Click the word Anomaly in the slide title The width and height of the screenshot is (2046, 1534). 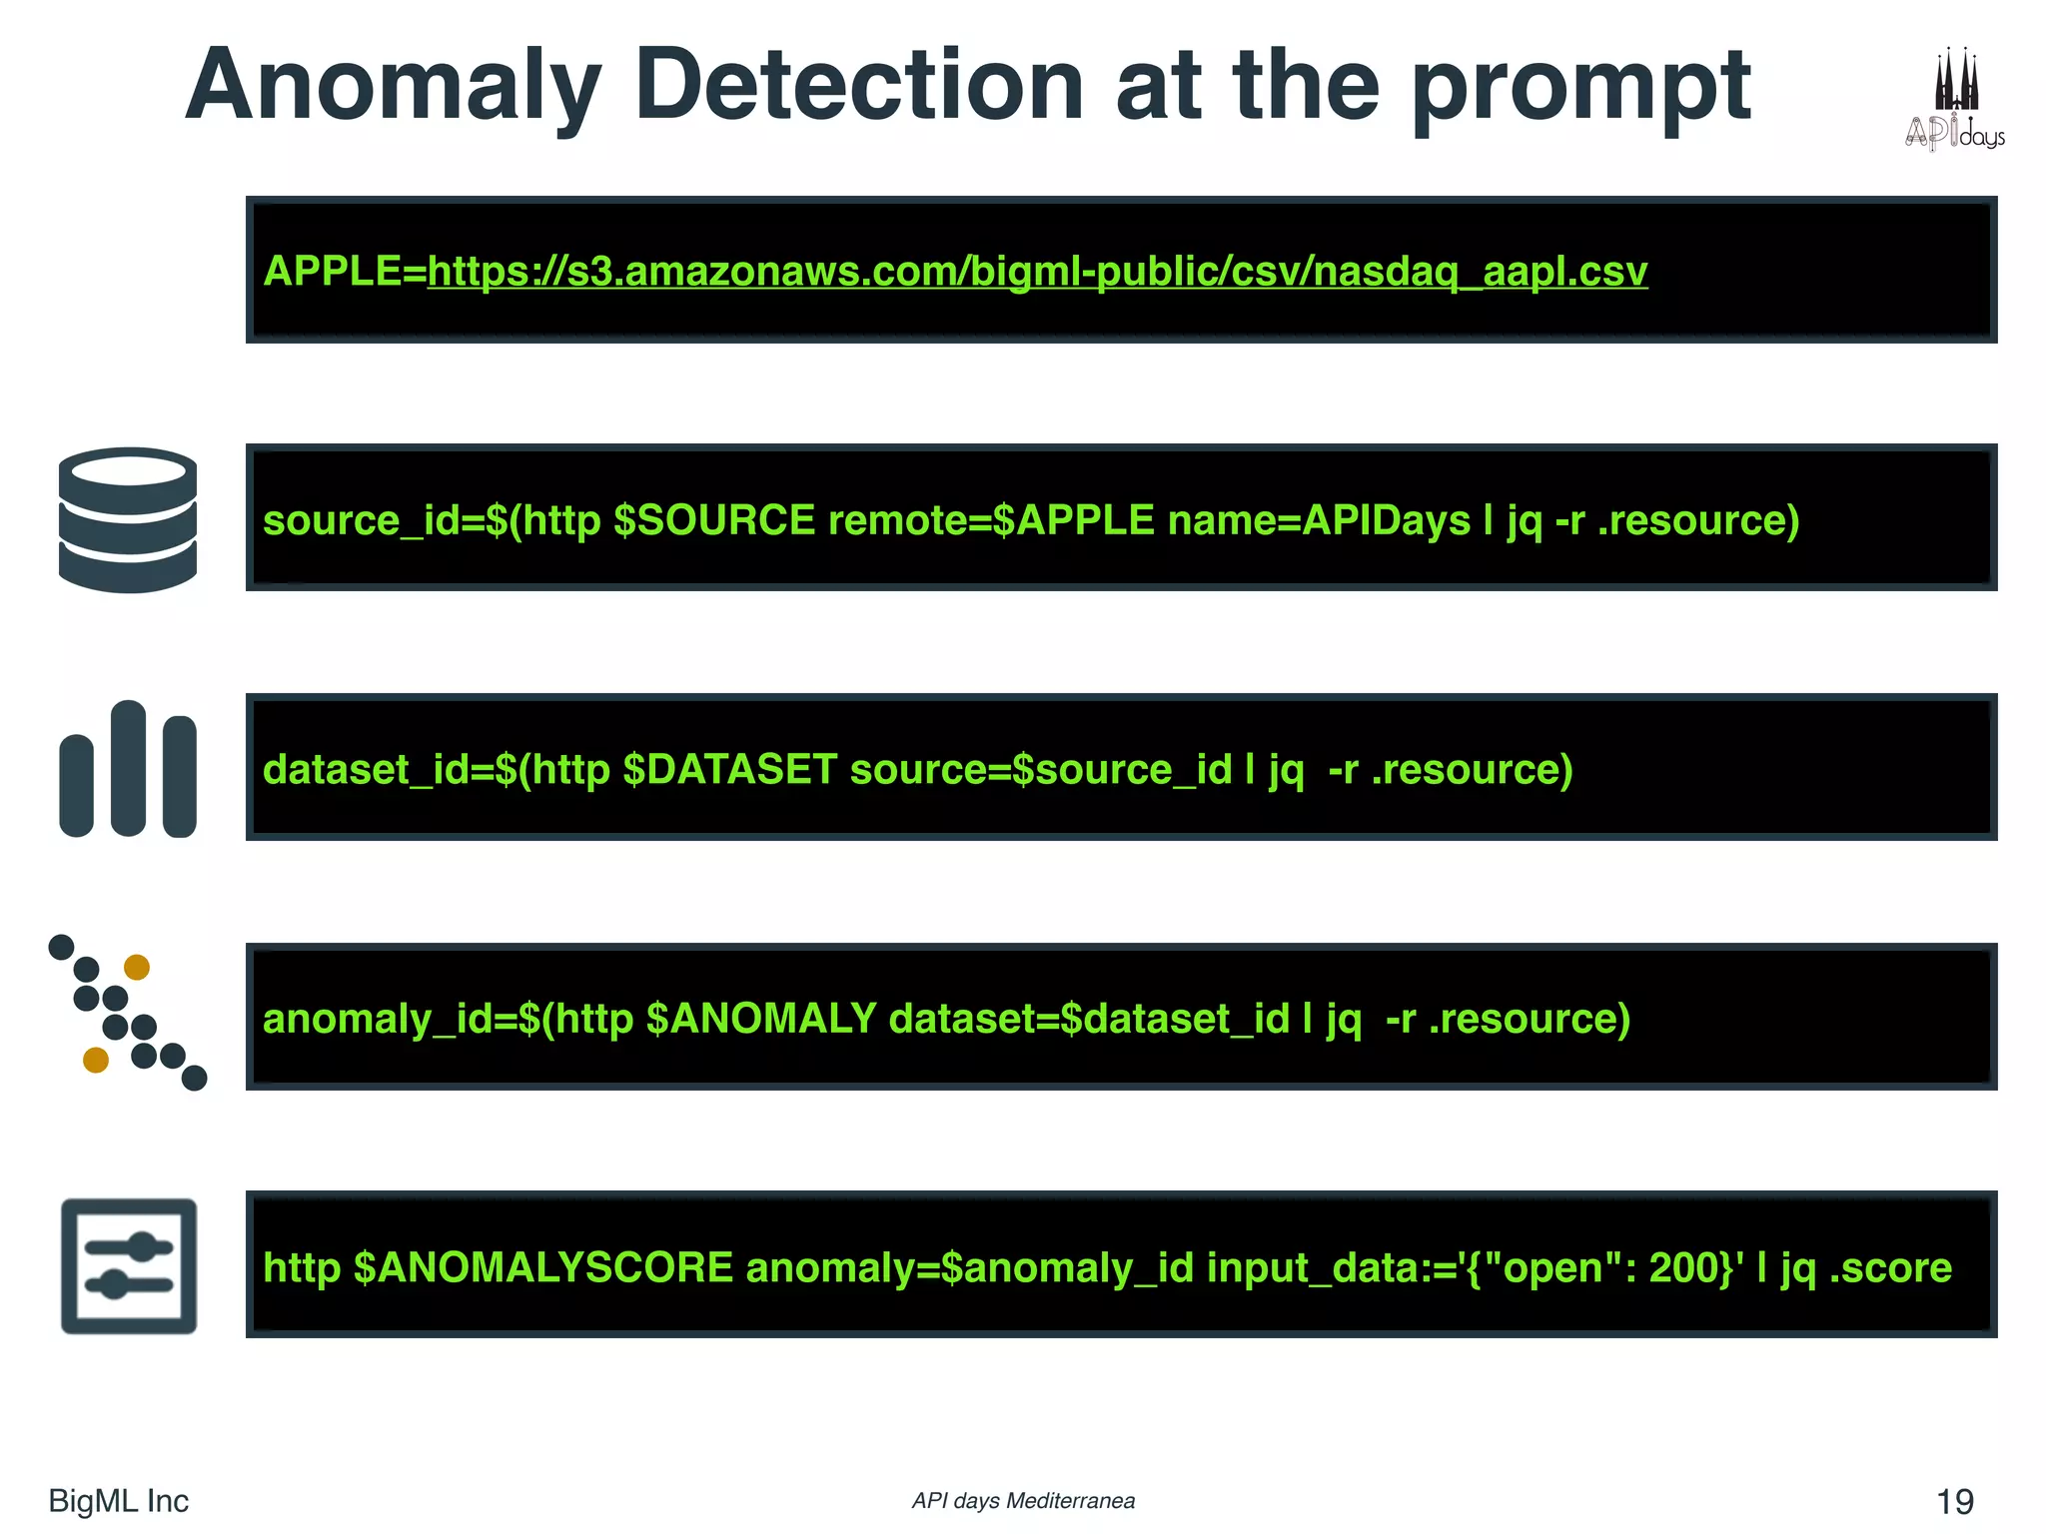(x=394, y=88)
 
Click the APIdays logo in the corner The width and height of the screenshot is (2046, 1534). (x=1954, y=100)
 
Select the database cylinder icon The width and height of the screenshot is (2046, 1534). (x=128, y=519)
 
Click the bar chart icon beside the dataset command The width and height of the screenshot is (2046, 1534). (x=128, y=769)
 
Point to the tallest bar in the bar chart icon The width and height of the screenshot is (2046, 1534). (x=128, y=767)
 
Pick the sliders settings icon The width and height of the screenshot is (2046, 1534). (x=129, y=1265)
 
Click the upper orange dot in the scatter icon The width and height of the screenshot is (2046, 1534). (x=137, y=967)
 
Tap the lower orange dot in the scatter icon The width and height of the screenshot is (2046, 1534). (x=96, y=1060)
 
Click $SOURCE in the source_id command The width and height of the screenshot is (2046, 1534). (x=714, y=520)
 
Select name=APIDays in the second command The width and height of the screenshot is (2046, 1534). (x=1319, y=520)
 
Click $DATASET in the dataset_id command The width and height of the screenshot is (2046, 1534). (x=729, y=770)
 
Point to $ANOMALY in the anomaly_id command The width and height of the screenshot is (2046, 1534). (x=761, y=1019)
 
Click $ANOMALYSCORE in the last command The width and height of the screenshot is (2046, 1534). (x=543, y=1268)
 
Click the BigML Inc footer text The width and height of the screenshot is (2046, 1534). (x=118, y=1501)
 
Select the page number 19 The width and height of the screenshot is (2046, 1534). (x=1954, y=1501)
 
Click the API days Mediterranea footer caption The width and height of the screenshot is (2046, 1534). (x=1023, y=1501)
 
